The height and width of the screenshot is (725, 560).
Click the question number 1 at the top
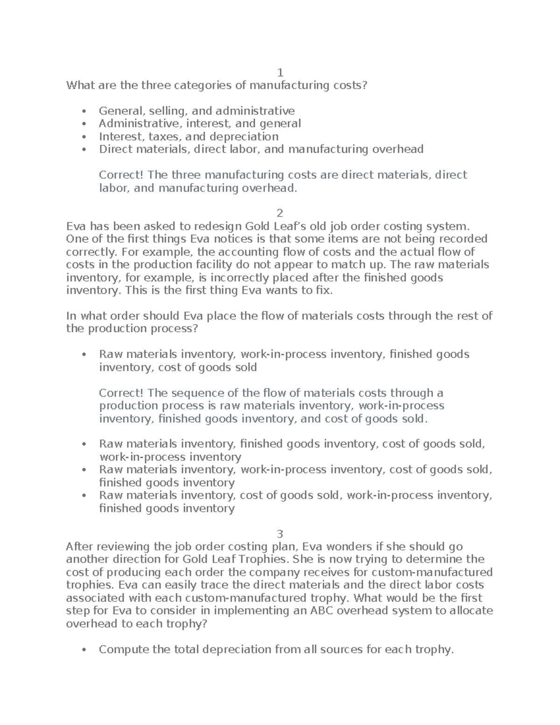tap(280, 73)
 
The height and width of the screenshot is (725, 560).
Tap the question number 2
tap(280, 214)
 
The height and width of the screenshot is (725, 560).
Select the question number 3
tap(280, 534)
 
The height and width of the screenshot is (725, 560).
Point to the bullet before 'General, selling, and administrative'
tap(84, 112)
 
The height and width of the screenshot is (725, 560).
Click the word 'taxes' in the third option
tap(165, 137)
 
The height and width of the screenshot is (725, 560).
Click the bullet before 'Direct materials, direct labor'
tap(84, 150)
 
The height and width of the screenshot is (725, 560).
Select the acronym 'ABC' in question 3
tap(324, 611)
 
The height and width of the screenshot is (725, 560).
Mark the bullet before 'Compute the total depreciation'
tap(84, 650)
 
